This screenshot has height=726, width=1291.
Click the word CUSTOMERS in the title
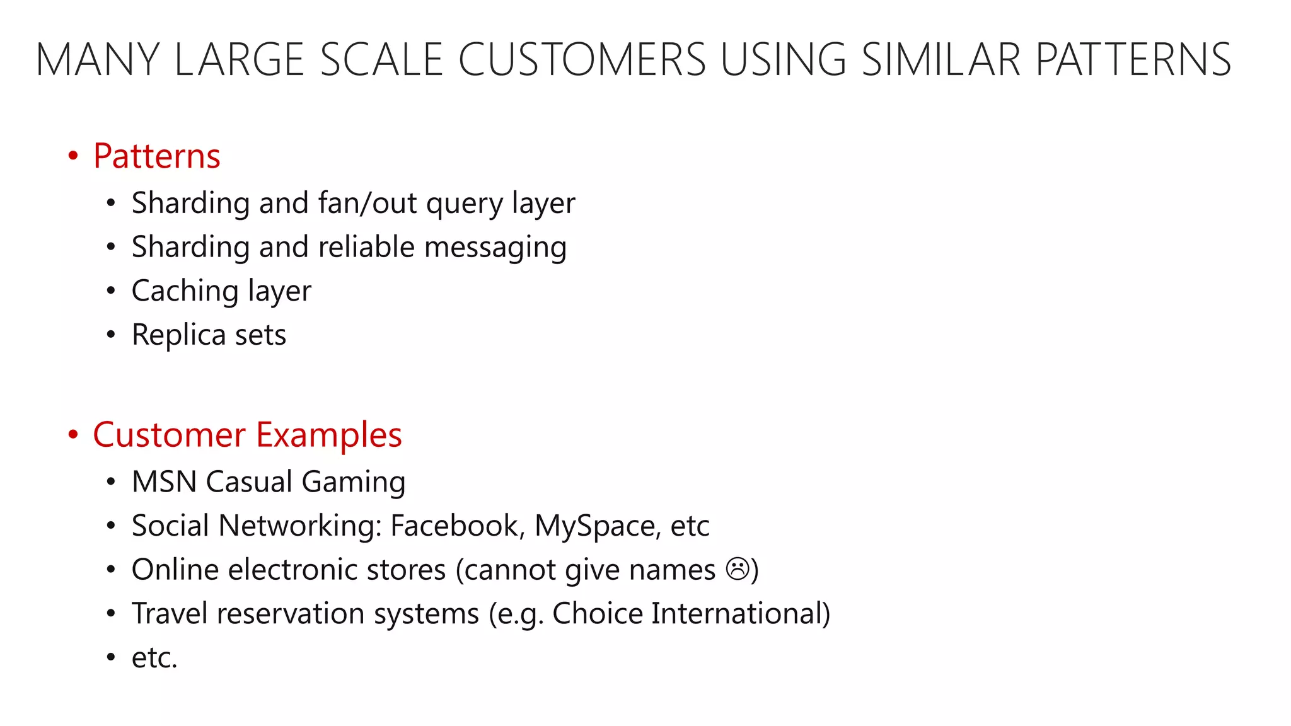click(581, 60)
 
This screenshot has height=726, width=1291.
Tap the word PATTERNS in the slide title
click(1133, 60)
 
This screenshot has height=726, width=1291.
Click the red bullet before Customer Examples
click(73, 435)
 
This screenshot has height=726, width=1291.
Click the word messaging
click(495, 247)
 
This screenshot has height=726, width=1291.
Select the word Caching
click(185, 291)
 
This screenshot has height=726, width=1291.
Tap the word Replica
click(178, 335)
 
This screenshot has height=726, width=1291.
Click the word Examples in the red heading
click(328, 435)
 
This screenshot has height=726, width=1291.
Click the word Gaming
click(353, 482)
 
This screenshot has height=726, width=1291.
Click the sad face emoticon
click(738, 569)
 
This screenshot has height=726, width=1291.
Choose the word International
click(740, 613)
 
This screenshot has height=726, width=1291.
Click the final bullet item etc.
click(154, 658)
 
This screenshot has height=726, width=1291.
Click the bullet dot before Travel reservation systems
click(111, 614)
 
